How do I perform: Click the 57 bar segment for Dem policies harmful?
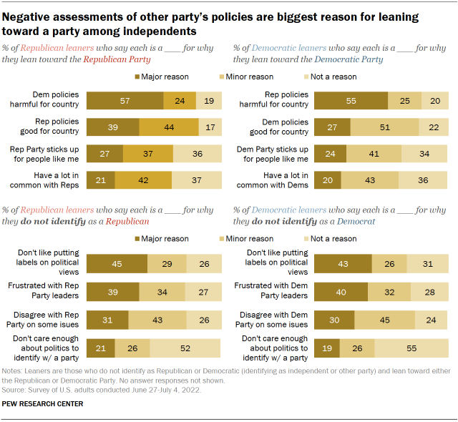point(125,101)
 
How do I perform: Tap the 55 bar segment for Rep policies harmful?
point(351,101)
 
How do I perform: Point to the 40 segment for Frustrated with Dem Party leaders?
point(341,293)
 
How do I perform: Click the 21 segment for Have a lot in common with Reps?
point(100,180)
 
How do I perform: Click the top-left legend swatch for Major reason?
point(137,76)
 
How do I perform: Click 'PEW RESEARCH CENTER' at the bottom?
point(42,405)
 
